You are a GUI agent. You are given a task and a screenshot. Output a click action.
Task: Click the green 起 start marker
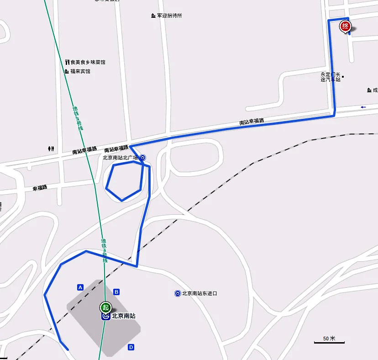(x=105, y=307)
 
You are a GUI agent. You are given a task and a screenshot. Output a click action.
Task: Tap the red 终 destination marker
(x=345, y=27)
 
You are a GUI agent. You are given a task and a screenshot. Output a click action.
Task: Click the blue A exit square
(x=80, y=287)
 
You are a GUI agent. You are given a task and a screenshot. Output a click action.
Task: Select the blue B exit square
(x=116, y=292)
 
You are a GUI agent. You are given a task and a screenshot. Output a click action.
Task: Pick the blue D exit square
(x=131, y=347)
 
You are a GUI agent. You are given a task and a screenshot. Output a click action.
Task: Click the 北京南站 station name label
(x=123, y=316)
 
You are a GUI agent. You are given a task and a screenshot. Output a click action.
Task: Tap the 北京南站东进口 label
(x=199, y=293)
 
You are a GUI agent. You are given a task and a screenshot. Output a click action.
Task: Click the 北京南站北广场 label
(x=120, y=158)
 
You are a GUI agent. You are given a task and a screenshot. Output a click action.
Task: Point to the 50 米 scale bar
(x=329, y=340)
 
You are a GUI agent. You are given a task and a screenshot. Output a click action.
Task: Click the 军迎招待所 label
(x=169, y=16)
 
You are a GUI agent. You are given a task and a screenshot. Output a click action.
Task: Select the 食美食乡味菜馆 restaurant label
(x=88, y=62)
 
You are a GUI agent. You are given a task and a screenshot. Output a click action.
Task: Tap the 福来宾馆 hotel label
(x=80, y=71)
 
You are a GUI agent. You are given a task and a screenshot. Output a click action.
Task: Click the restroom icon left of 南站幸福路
(x=51, y=148)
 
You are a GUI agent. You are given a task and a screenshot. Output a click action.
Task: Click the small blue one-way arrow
(x=363, y=107)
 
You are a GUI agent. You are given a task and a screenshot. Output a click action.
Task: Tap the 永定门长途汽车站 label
(x=331, y=77)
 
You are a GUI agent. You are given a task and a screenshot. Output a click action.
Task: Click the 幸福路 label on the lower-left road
(x=40, y=188)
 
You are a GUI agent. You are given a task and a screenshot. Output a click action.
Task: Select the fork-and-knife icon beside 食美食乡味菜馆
(x=67, y=62)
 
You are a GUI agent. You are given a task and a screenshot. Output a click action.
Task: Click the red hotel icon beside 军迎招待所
(x=153, y=16)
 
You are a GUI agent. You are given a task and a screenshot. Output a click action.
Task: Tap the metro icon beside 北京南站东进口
(x=177, y=293)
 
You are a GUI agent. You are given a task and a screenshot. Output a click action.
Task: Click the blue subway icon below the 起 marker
(x=106, y=316)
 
